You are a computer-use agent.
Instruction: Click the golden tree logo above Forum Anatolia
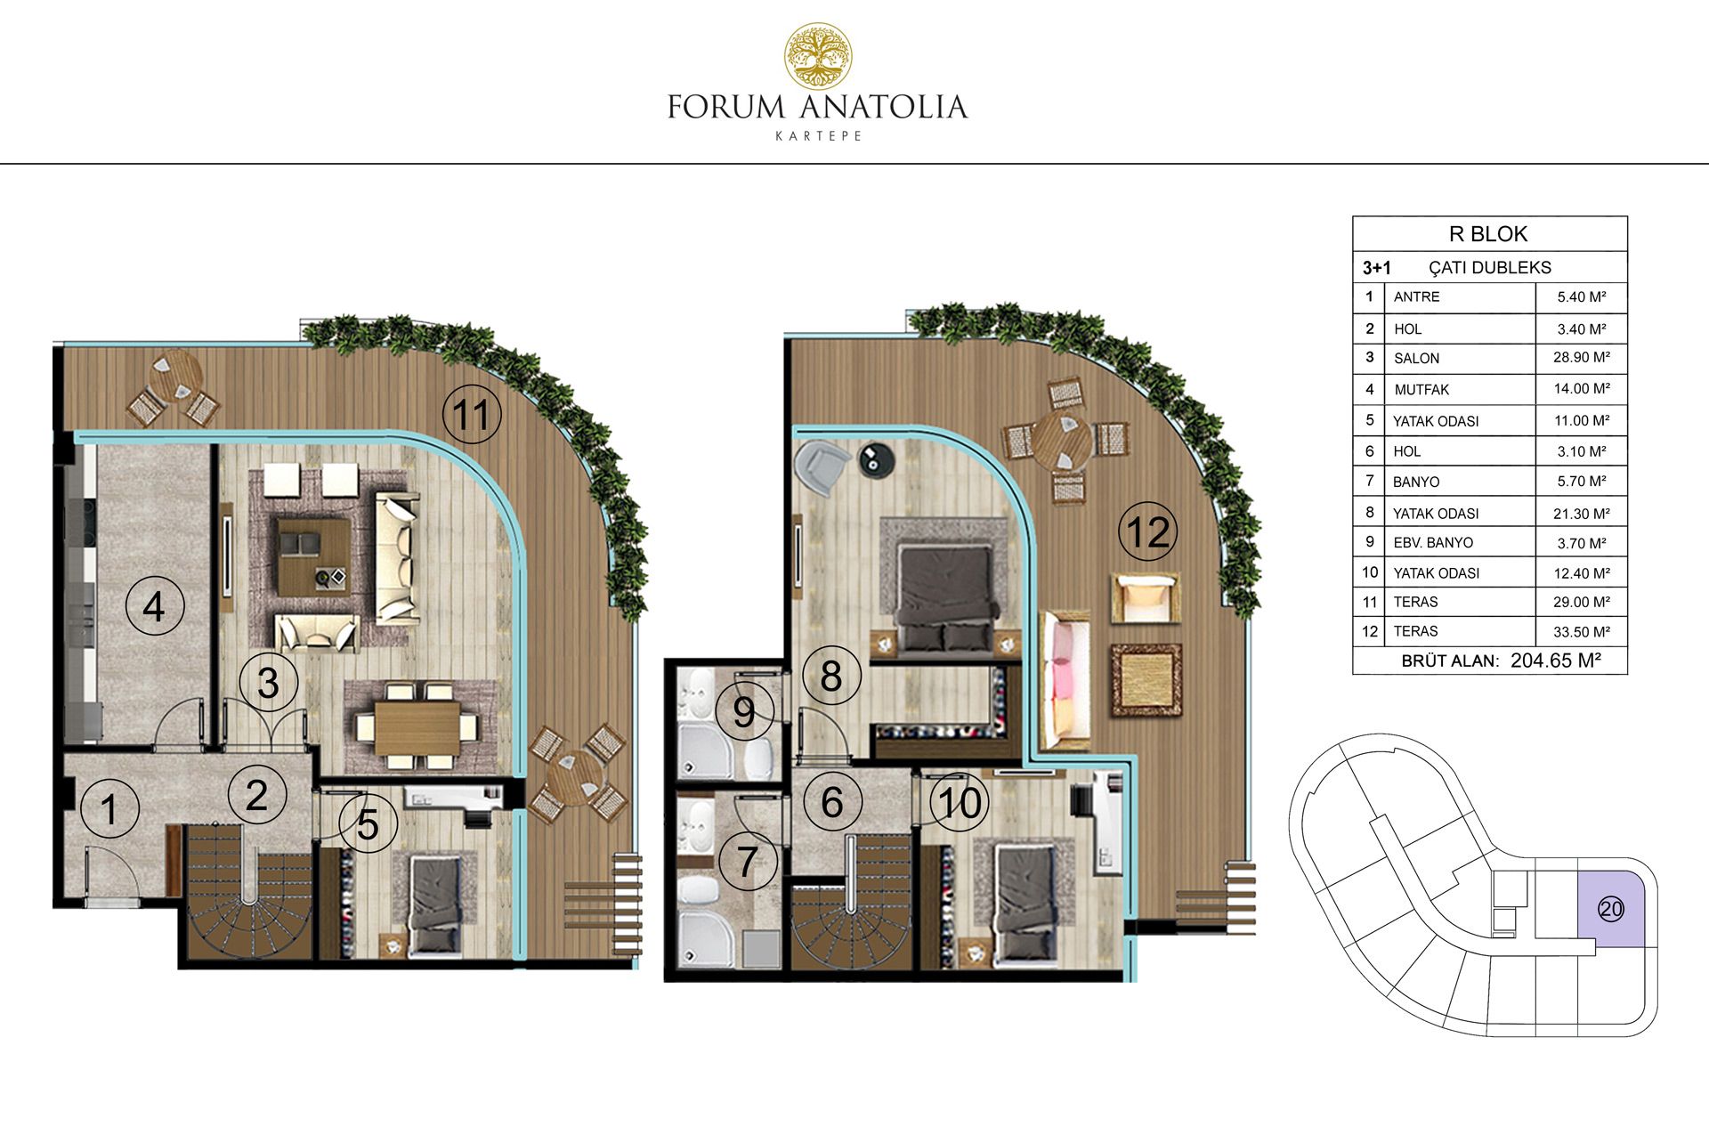(x=817, y=56)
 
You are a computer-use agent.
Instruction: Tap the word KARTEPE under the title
(x=818, y=136)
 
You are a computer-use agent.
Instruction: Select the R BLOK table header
(x=1488, y=234)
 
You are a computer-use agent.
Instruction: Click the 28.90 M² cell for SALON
(x=1582, y=357)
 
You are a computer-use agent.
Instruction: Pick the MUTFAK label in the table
(x=1421, y=389)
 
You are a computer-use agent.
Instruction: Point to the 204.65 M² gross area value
(x=1555, y=660)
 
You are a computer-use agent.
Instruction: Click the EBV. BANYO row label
(x=1433, y=542)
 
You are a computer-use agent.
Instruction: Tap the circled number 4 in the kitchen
(x=154, y=606)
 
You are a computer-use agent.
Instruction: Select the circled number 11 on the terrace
(x=472, y=414)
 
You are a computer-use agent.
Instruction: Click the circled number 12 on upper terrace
(x=1148, y=531)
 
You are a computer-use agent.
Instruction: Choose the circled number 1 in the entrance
(x=109, y=809)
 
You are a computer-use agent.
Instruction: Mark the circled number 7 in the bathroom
(x=748, y=861)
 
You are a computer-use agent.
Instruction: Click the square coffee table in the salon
(x=313, y=556)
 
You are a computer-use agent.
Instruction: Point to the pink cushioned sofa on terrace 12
(x=1065, y=679)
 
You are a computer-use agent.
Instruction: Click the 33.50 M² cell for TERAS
(x=1582, y=631)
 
